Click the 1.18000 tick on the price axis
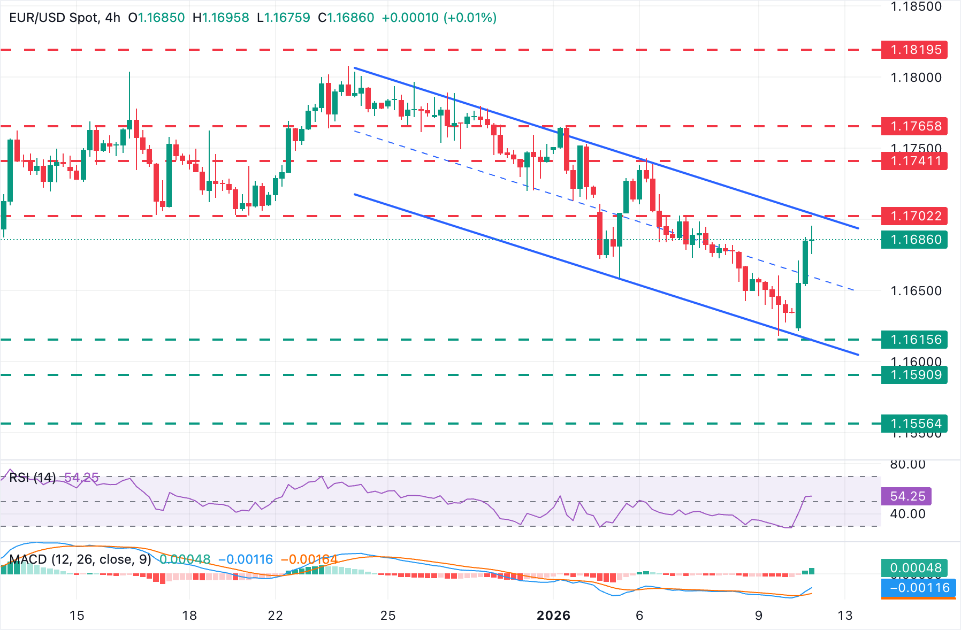[916, 78]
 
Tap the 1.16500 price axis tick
[916, 291]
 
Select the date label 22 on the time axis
[275, 616]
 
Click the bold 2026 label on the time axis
[553, 616]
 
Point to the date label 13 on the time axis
[845, 616]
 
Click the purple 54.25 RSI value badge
[907, 496]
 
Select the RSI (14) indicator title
[33, 477]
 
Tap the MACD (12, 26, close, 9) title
[80, 559]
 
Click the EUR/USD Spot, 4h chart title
[65, 18]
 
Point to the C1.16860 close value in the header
[346, 18]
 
